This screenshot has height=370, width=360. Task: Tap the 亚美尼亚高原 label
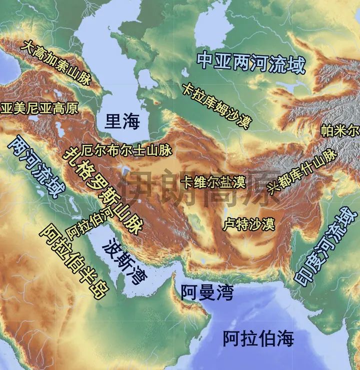pos(39,108)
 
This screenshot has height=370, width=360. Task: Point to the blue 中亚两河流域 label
pos(251,62)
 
